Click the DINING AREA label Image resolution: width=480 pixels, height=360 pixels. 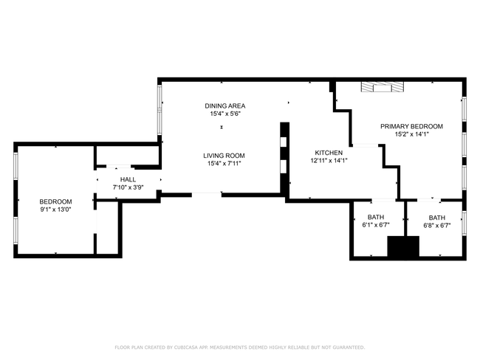pyautogui.click(x=225, y=105)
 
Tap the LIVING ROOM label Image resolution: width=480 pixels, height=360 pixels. pyautogui.click(x=224, y=156)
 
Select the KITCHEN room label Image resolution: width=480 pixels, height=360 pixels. pyautogui.click(x=329, y=153)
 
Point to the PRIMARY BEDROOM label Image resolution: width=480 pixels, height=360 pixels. pyautogui.click(x=411, y=126)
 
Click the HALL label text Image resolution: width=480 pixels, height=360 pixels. pyautogui.click(x=128, y=179)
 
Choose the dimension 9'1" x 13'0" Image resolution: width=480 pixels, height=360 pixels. pyautogui.click(x=55, y=210)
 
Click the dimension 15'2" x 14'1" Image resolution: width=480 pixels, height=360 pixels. pyautogui.click(x=412, y=134)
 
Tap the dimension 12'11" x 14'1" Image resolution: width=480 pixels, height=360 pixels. pyautogui.click(x=329, y=160)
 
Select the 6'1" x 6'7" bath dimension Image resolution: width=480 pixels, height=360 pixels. pyautogui.click(x=376, y=225)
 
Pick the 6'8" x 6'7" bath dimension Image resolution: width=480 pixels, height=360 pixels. pyautogui.click(x=437, y=226)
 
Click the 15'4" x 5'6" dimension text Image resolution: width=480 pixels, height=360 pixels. pyautogui.click(x=225, y=114)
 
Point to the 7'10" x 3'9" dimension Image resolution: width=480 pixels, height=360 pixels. pyautogui.click(x=128, y=187)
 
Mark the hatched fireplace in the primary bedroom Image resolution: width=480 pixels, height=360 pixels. pyautogui.click(x=383, y=87)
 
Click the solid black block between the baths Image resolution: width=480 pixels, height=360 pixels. pyautogui.click(x=403, y=246)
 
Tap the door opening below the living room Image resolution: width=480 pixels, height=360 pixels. pyautogui.click(x=207, y=194)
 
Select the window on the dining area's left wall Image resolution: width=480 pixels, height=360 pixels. pyautogui.click(x=160, y=109)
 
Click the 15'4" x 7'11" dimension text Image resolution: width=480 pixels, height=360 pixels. pyautogui.click(x=224, y=163)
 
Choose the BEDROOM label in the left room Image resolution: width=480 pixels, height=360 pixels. pyautogui.click(x=55, y=201)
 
